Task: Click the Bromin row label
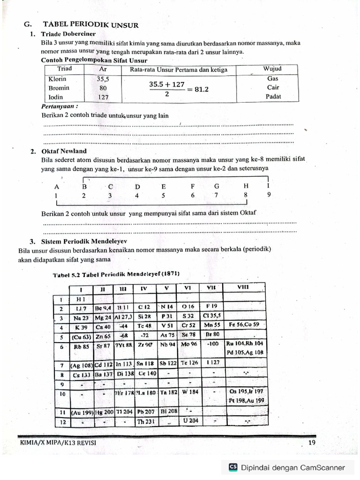click(x=59, y=88)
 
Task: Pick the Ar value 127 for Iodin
click(x=103, y=97)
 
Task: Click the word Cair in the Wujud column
click(x=273, y=88)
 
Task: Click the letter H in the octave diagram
click(x=246, y=186)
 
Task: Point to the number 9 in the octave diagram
click(x=269, y=195)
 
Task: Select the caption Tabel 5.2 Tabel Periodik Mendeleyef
click(x=116, y=274)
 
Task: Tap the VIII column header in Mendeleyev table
click(x=243, y=287)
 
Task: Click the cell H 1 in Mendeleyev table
click(x=81, y=299)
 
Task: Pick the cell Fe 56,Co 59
click(x=244, y=324)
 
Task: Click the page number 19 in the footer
click(x=312, y=443)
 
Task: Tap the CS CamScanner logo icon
click(x=233, y=467)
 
